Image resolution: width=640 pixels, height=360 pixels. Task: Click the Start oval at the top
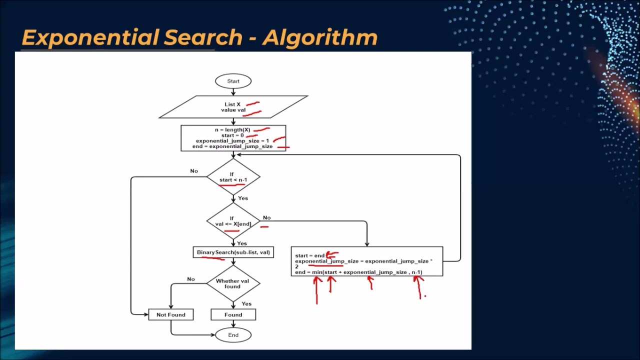(233, 81)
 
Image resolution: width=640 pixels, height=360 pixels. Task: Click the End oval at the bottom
(233, 335)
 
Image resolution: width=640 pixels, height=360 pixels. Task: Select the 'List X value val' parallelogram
(233, 107)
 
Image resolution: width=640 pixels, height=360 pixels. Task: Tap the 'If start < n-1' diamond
(233, 177)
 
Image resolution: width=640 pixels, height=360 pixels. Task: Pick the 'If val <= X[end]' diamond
(233, 221)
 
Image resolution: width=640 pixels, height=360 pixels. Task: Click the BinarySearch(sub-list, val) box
(233, 252)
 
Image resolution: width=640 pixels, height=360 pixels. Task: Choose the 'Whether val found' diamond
(233, 283)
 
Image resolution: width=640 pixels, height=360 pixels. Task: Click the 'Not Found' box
(170, 314)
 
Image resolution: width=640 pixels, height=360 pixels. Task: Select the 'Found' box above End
(233, 314)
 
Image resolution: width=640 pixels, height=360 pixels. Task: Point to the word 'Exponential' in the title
(89, 38)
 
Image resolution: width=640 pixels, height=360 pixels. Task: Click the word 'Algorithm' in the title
(319, 38)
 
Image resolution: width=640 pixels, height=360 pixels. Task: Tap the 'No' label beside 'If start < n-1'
(194, 171)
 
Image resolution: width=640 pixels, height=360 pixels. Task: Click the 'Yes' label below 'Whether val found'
(246, 303)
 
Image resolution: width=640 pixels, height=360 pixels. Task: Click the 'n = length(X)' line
(232, 130)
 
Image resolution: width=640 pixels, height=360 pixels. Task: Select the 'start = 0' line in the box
(232, 135)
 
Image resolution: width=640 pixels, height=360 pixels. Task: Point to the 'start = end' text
(309, 255)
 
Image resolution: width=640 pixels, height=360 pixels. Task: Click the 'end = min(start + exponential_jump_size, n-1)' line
(358, 272)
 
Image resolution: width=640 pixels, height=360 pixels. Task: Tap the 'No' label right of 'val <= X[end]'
(266, 217)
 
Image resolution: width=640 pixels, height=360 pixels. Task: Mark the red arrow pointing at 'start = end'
(332, 255)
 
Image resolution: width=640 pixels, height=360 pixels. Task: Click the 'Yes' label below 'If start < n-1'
(242, 198)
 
